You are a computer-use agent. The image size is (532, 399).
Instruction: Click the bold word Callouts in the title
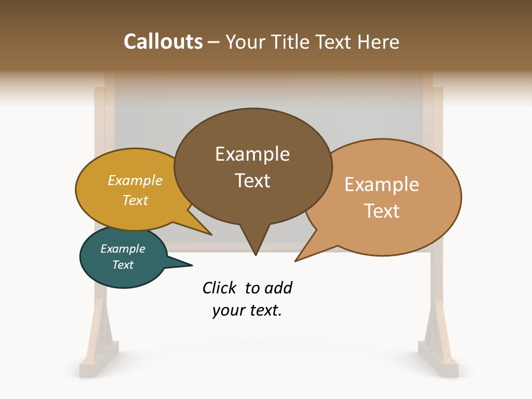coord(163,42)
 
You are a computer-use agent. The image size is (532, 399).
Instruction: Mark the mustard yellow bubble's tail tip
coord(211,234)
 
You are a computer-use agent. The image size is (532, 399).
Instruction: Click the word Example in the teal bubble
coord(122,249)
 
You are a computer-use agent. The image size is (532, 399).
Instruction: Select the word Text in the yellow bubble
coord(135,200)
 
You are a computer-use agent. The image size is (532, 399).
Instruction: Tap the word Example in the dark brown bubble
coord(252,154)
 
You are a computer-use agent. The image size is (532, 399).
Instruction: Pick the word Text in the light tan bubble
coord(382,211)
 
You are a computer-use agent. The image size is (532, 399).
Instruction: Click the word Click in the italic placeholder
coord(219,288)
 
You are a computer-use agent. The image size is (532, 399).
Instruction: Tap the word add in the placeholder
coord(278,288)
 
